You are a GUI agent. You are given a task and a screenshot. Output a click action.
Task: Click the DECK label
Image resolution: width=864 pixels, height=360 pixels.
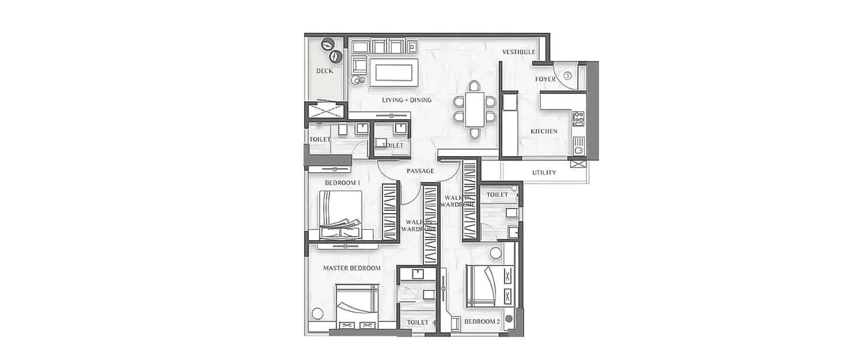324,71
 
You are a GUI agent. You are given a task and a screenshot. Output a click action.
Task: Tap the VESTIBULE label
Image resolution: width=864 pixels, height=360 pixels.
518,52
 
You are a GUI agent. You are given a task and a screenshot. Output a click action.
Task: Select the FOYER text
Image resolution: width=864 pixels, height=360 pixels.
545,78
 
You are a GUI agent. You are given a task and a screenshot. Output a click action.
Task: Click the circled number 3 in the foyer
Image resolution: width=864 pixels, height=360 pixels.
567,75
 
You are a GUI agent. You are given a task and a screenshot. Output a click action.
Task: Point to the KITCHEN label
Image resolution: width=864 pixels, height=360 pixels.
544,131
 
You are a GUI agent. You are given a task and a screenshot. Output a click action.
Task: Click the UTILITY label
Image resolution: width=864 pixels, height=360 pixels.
544,172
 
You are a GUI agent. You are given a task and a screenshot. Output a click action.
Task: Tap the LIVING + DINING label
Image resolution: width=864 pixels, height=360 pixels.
407,100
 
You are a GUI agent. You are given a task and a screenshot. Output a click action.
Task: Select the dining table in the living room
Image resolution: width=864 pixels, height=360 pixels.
474,109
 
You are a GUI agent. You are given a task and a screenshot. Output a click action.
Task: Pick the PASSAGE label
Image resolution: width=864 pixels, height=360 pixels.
420,171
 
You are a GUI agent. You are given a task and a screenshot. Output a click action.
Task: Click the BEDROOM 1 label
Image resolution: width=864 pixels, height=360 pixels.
342,183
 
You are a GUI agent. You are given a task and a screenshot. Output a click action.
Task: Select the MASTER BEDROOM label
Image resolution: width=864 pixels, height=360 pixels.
351,268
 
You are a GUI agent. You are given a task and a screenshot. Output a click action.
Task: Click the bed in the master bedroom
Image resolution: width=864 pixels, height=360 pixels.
358,305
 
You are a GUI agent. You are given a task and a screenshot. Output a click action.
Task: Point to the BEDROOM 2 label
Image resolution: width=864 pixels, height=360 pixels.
482,321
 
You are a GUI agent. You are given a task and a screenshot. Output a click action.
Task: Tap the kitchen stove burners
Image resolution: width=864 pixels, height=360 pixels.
579,119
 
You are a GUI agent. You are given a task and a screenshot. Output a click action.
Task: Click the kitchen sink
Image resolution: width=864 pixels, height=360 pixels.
579,145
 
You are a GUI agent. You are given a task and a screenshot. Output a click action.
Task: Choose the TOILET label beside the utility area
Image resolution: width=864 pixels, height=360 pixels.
497,195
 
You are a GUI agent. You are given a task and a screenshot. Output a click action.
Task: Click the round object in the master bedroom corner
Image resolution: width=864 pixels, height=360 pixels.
316,314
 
